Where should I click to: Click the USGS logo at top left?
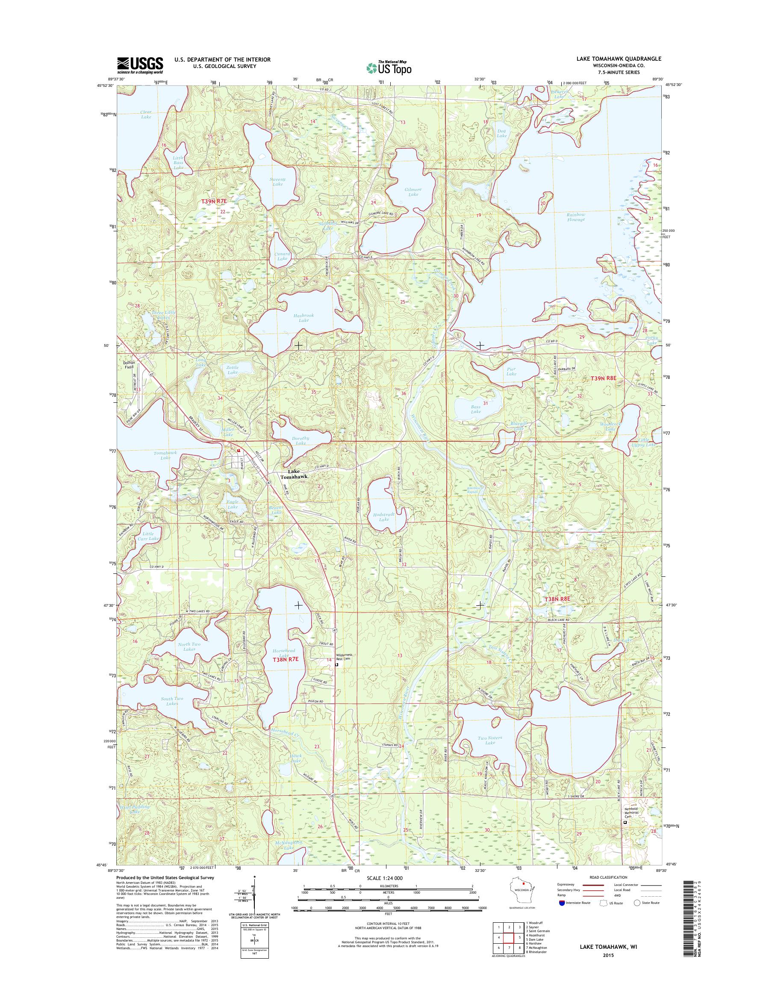[x=140, y=65]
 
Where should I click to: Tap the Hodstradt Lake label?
[x=384, y=516]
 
